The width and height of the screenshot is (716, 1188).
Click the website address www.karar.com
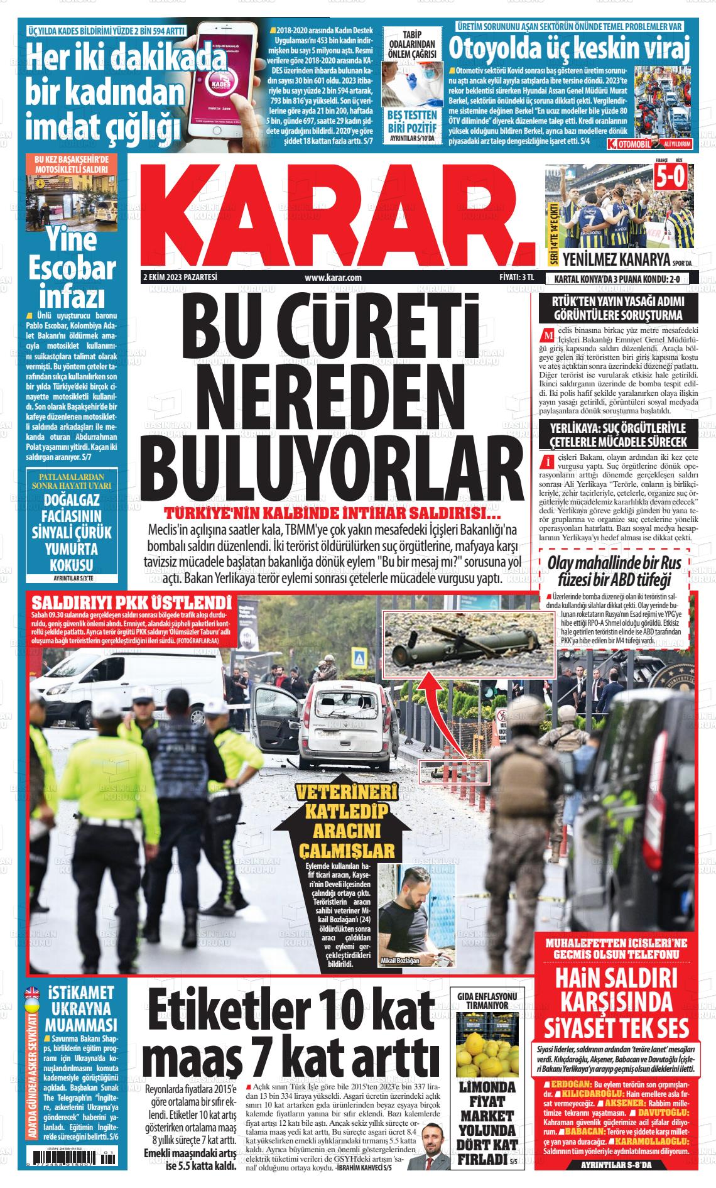pos(332,277)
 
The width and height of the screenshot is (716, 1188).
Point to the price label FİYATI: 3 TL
pos(511,277)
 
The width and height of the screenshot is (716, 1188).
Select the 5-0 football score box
pos(671,179)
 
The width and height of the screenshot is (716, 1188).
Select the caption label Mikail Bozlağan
pos(400,978)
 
